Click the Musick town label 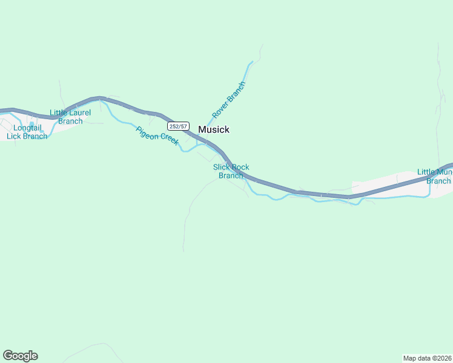click(214, 129)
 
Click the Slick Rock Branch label click(231, 171)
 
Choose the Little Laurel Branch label click(70, 117)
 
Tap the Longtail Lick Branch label click(27, 132)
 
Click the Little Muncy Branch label click(435, 177)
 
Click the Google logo click(20, 356)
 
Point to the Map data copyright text click(427, 358)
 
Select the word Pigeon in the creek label click(147, 131)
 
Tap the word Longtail click(27, 128)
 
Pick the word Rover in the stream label click(219, 111)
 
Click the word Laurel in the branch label click(80, 113)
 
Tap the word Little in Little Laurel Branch click(59, 113)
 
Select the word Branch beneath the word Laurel click(70, 121)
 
